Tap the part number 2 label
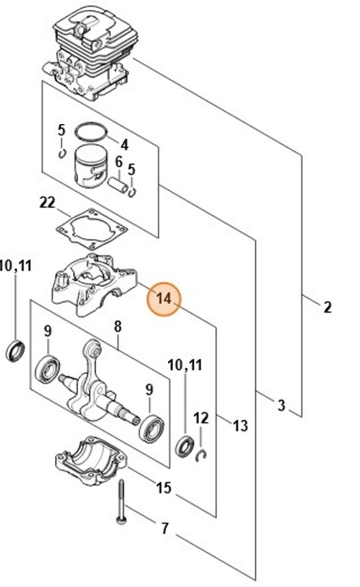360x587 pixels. [x=327, y=307]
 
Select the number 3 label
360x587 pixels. [x=281, y=405]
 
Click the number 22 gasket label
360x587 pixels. [x=47, y=203]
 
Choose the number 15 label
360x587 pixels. [x=164, y=487]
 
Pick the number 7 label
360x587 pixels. [x=165, y=528]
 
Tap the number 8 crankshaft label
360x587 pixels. [x=118, y=327]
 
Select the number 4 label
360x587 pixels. [x=124, y=145]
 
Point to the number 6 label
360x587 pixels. [x=118, y=161]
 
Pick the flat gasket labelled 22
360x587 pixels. [x=92, y=228]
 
